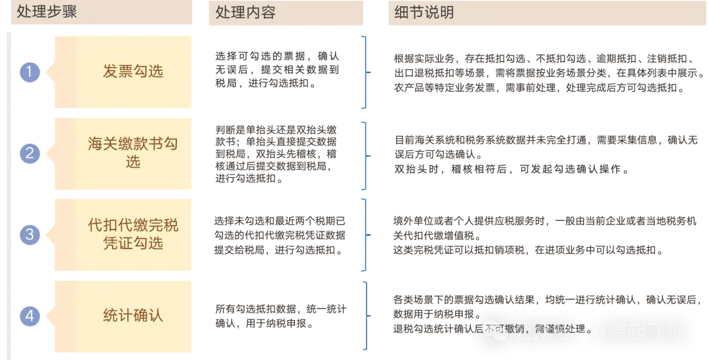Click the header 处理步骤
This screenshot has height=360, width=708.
click(x=47, y=12)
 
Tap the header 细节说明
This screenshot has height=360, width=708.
click(x=423, y=12)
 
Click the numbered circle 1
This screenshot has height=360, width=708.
click(x=29, y=71)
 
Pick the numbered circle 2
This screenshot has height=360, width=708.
click(x=29, y=153)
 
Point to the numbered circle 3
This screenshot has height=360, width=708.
click(x=29, y=234)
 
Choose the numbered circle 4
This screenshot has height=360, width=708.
click(x=29, y=316)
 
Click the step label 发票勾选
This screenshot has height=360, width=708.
click(x=132, y=71)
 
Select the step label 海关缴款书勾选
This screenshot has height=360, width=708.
click(x=132, y=152)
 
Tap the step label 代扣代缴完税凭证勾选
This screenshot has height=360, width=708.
click(x=132, y=234)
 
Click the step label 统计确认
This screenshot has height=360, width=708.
click(x=132, y=315)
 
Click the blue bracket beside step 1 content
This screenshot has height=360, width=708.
click(x=364, y=71)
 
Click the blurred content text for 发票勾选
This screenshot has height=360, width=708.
click(x=278, y=68)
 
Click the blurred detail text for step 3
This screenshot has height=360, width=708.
click(x=528, y=236)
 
